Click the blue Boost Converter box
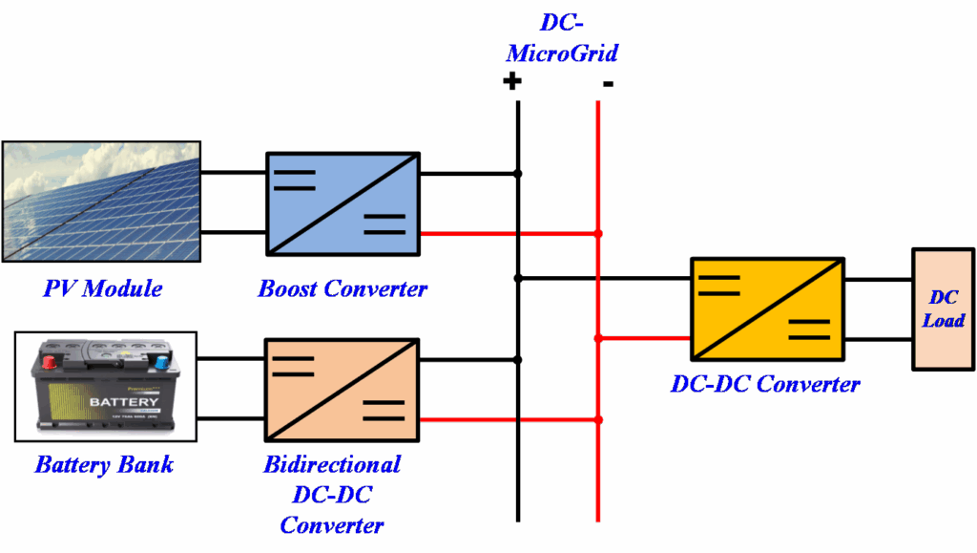point(343,203)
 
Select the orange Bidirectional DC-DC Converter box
point(343,390)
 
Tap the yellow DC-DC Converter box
point(767,308)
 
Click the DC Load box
point(943,309)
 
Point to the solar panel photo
point(101,202)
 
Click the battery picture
point(105,387)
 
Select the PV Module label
point(102,288)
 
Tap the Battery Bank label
point(104,465)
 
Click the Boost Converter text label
point(343,288)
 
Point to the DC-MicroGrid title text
point(560,37)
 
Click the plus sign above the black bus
point(512,81)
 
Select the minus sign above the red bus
point(608,84)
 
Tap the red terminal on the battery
point(49,363)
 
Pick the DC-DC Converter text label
point(765,385)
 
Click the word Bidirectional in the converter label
point(332,465)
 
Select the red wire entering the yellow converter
point(644,337)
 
